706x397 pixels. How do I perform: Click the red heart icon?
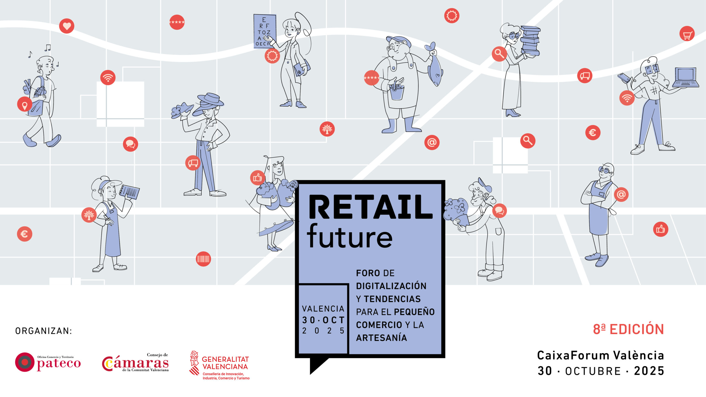click(67, 26)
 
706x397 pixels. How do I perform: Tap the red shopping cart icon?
click(687, 34)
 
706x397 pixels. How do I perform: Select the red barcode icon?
click(203, 259)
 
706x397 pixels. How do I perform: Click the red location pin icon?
click(25, 104)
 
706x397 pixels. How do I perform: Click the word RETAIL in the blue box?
click(371, 207)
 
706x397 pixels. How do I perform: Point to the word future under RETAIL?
click(350, 236)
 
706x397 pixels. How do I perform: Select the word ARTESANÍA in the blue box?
click(381, 338)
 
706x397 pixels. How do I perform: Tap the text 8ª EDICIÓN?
click(628, 329)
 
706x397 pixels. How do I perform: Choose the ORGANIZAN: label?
click(44, 331)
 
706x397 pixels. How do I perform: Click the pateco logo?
click(48, 362)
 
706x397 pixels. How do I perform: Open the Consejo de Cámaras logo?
click(135, 362)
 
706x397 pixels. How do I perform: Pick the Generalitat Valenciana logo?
click(219, 365)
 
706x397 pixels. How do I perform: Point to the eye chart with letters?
click(264, 31)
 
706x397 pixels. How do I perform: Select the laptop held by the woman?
click(686, 77)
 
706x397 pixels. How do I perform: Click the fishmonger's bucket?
click(397, 92)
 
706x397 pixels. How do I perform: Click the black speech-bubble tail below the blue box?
click(317, 365)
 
